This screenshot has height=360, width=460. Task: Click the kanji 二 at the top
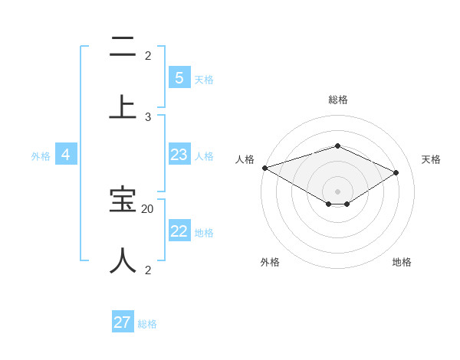[x=123, y=47]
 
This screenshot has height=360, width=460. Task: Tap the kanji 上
[x=123, y=106]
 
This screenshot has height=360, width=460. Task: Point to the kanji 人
[x=123, y=260]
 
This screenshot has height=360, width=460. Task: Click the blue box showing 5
[x=179, y=78]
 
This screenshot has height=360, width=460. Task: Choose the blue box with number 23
[x=179, y=155]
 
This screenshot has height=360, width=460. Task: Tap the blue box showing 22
[x=179, y=231]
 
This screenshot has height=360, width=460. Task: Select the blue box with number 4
[x=65, y=155]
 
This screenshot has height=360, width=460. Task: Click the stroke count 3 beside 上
[x=148, y=116]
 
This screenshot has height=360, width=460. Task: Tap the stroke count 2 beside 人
[x=148, y=270]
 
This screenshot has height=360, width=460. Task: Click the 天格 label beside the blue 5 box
[x=204, y=79]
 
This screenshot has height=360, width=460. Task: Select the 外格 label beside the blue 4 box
[x=41, y=155]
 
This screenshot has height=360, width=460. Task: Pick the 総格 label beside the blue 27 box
[x=147, y=323]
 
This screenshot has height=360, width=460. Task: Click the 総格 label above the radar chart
[x=337, y=100]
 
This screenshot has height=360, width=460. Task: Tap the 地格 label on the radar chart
[x=402, y=262]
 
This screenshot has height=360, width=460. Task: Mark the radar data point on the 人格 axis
[x=264, y=168]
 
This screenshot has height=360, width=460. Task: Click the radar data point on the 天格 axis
[x=396, y=172]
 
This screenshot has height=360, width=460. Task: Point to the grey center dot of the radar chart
[x=337, y=191]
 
